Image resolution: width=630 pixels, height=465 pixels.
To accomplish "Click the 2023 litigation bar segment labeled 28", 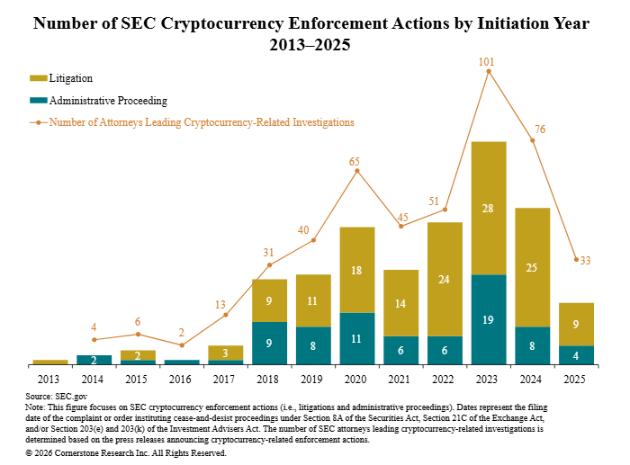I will pyautogui.click(x=489, y=208).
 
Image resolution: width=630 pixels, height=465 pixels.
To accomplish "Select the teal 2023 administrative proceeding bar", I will pyautogui.click(x=489, y=319).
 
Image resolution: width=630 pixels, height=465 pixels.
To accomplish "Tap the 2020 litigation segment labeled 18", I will pyautogui.click(x=357, y=270).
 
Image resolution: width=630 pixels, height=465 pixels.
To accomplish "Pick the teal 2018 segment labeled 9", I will pyautogui.click(x=269, y=343).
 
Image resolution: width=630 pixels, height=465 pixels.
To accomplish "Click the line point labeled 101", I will pyautogui.click(x=489, y=70).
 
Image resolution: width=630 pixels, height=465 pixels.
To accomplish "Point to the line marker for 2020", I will pyautogui.click(x=357, y=170).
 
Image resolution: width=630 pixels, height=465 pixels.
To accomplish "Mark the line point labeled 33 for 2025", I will pyautogui.click(x=576, y=260).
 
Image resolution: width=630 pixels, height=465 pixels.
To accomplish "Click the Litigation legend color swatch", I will pyautogui.click(x=38, y=78).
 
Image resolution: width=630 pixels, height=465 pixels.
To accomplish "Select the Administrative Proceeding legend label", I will pyautogui.click(x=108, y=101).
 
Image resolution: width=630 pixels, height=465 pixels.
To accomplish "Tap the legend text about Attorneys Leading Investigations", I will pyautogui.click(x=202, y=122).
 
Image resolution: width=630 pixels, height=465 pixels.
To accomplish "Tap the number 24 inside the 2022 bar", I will pyautogui.click(x=445, y=279).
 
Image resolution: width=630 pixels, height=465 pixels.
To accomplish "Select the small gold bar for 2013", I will pyautogui.click(x=50, y=362).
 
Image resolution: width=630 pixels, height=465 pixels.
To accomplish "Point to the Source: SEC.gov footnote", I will pyautogui.click(x=56, y=396).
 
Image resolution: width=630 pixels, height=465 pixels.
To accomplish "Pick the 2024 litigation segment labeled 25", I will pyautogui.click(x=533, y=267).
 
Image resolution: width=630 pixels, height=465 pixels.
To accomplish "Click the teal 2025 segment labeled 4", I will pyautogui.click(x=576, y=355).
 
